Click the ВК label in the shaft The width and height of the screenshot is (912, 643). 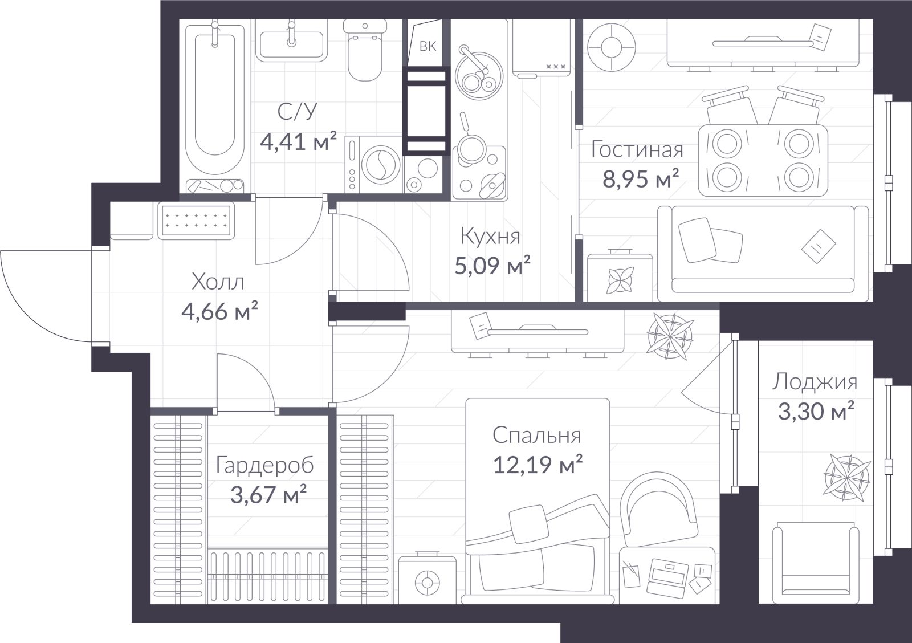click(427, 46)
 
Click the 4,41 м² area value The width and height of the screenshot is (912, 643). click(299, 141)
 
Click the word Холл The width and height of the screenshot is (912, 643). click(218, 282)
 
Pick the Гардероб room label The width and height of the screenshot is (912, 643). click(264, 465)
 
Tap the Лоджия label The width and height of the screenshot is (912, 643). click(815, 382)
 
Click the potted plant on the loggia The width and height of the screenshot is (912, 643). click(847, 478)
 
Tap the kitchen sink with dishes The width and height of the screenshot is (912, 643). click(479, 76)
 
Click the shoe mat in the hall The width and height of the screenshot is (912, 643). click(196, 220)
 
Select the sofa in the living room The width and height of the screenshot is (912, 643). click(763, 253)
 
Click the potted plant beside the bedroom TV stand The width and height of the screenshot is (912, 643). click(670, 336)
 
